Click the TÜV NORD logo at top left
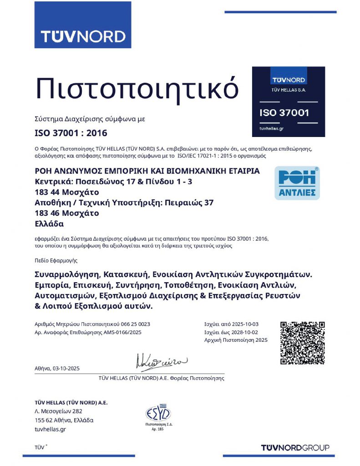83,36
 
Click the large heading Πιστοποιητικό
137,88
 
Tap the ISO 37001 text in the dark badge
284,112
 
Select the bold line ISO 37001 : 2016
71,133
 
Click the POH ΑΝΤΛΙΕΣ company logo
297,183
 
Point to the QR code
302,343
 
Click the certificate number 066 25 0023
136,324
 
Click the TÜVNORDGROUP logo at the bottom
295,448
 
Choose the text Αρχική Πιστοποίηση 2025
236,340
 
